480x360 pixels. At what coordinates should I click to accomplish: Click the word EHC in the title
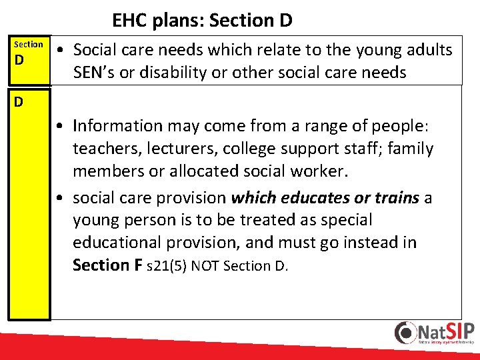point(129,21)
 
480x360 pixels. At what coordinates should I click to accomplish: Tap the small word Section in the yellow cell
point(29,44)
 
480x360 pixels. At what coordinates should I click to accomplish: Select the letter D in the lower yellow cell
point(19,102)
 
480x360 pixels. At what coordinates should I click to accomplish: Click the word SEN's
point(96,73)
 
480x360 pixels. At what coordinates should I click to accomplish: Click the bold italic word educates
point(311,198)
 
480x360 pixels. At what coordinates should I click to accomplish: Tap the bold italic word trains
point(397,198)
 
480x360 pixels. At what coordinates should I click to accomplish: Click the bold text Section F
point(107,265)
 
